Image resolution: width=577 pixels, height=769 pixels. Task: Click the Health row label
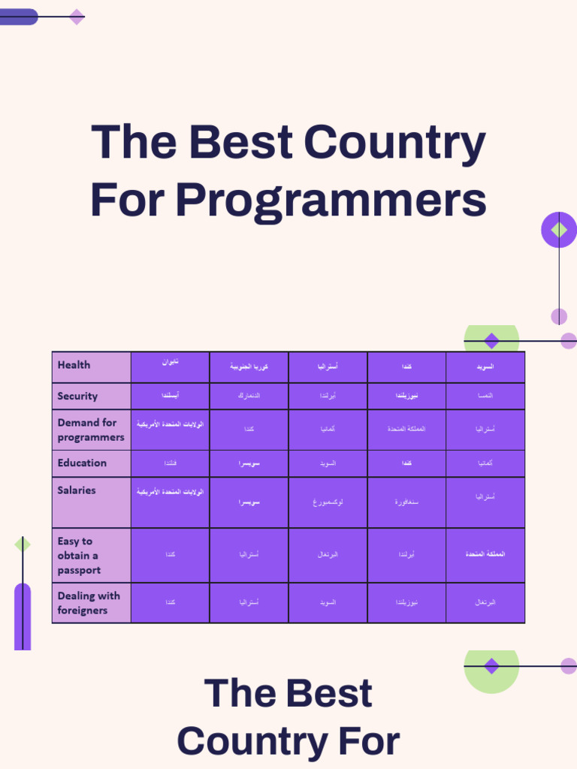coord(74,365)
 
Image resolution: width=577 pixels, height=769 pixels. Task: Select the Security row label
coord(77,396)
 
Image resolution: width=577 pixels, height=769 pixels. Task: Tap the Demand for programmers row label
coord(91,430)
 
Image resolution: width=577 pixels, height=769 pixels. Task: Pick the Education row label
coord(82,463)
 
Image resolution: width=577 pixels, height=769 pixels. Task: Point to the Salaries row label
coord(77,490)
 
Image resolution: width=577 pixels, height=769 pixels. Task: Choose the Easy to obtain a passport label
coord(79,555)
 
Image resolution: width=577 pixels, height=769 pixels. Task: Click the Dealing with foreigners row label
coord(89,603)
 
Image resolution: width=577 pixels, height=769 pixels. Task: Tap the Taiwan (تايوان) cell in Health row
coord(171,363)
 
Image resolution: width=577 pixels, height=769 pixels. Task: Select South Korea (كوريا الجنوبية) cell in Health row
coord(249,367)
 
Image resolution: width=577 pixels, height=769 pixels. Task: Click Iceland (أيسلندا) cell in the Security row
coord(171,395)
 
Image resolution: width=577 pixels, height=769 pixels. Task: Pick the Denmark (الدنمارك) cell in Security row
coord(249,395)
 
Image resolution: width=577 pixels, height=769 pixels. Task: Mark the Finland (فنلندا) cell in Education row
coord(171,463)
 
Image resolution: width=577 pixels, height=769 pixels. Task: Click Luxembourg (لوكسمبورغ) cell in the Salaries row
coord(328,502)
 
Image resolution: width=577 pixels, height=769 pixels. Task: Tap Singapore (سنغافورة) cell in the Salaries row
coord(406,502)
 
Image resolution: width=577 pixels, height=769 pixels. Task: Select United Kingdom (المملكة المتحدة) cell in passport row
coord(485,554)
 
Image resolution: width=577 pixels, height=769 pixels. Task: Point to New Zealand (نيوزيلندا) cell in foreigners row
coord(406,602)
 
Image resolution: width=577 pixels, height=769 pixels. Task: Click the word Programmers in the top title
coord(331,201)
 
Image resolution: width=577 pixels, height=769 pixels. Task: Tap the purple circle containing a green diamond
coord(559,230)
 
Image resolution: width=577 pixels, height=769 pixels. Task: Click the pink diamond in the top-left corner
coord(77,17)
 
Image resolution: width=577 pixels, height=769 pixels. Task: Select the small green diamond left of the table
coord(23,544)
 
